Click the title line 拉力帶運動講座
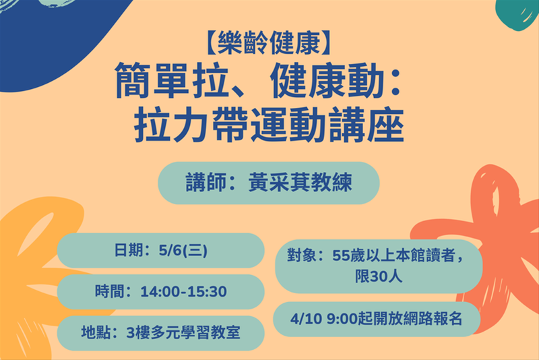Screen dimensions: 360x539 tap(269, 125)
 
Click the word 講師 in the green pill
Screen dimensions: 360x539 tap(203, 183)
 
